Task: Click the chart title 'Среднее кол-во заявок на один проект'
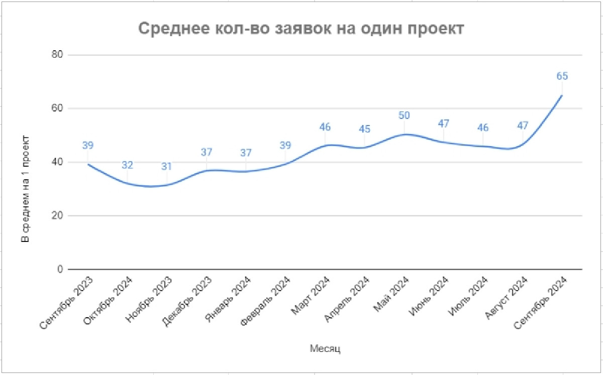tap(301, 29)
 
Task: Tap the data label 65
tap(562, 76)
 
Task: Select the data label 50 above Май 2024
tap(404, 115)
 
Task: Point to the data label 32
tap(127, 165)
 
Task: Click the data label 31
tap(167, 166)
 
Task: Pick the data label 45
tap(364, 129)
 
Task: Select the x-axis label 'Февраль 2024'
tap(265, 299)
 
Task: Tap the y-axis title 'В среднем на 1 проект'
tap(25, 189)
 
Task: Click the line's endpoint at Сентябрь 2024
tap(562, 95)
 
